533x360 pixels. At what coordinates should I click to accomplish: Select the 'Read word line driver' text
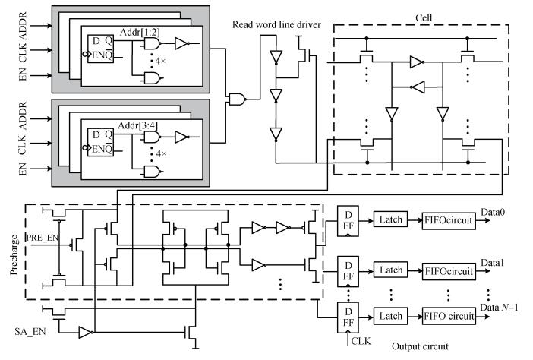pos(276,25)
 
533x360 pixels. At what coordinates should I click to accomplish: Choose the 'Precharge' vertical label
pos(16,251)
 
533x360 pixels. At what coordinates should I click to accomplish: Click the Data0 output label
pos(498,212)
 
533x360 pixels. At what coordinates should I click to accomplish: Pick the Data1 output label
pos(498,264)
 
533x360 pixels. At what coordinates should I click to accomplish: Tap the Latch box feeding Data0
pos(391,219)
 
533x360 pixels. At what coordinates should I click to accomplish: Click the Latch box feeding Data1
pos(391,270)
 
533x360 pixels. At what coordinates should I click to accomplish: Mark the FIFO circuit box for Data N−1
pos(450,314)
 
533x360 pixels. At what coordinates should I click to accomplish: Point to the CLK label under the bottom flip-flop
pos(363,342)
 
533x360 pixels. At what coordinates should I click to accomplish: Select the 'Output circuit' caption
pos(420,346)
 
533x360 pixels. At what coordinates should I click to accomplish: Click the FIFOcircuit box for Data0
pos(449,219)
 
